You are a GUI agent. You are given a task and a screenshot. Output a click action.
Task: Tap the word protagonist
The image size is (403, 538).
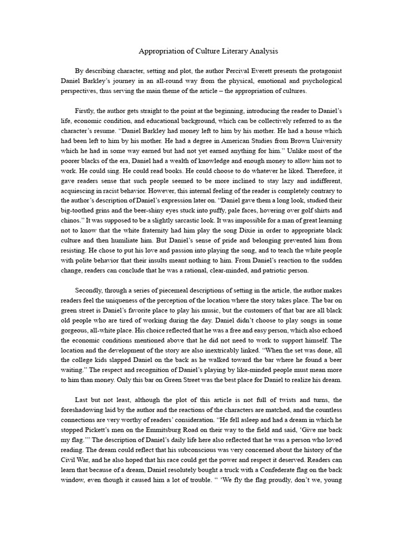[x=323, y=71]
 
